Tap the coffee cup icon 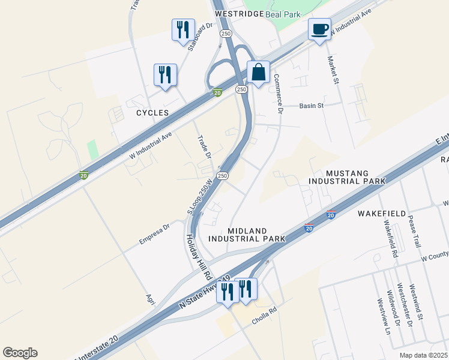pos(319,29)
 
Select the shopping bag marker pos(258,73)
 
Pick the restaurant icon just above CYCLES pos(165,75)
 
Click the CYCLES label pos(152,113)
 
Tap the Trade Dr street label pos(205,147)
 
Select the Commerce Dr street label pos(277,94)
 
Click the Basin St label pos(312,106)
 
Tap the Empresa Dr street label pos(155,233)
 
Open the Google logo pos(20,353)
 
